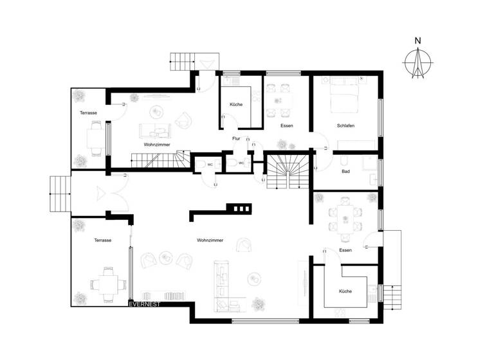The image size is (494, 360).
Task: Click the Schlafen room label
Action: [345, 125]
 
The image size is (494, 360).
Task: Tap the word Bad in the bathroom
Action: [345, 172]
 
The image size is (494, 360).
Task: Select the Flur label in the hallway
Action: [236, 138]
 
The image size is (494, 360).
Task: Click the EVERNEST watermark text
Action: [144, 304]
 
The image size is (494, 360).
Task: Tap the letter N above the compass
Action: [418, 42]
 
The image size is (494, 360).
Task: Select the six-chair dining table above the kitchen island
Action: [345, 217]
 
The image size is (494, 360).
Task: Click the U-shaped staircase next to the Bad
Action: [287, 171]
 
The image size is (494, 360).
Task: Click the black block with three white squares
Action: [240, 208]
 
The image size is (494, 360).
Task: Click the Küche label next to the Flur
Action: [236, 104]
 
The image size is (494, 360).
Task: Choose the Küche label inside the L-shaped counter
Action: [345, 291]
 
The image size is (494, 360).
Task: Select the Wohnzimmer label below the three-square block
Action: [210, 240]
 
